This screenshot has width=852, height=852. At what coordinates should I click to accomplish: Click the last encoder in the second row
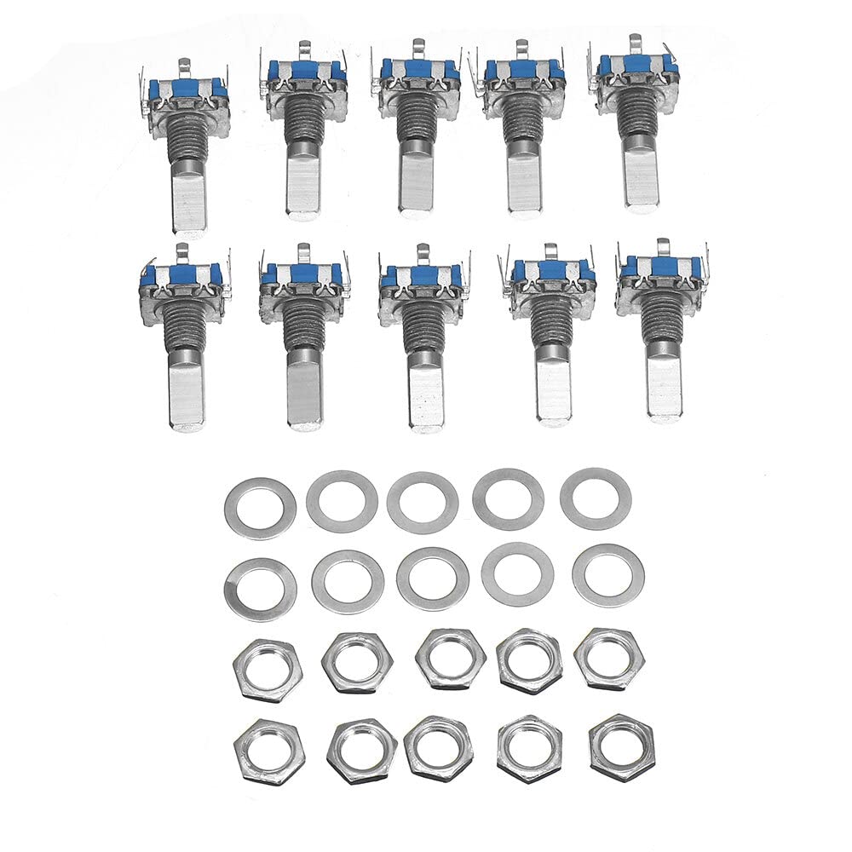661,328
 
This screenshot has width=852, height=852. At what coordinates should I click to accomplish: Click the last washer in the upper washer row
596,498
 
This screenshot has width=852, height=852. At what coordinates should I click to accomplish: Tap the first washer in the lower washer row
260,589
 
